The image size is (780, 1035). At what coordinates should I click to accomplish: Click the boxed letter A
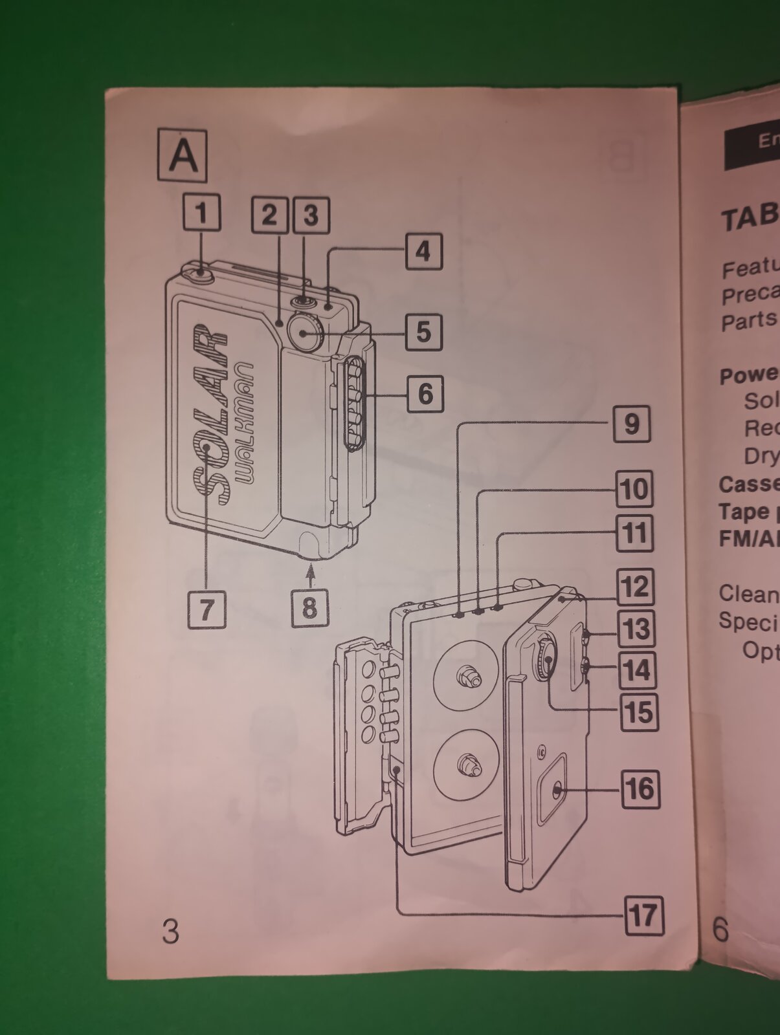(x=183, y=156)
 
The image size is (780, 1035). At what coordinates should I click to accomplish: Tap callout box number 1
(x=201, y=212)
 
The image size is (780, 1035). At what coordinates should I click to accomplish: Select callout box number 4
(x=423, y=251)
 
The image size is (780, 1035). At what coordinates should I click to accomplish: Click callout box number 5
(x=424, y=332)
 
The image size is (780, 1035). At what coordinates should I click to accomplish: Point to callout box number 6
(x=425, y=393)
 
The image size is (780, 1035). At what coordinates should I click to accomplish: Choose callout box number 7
(x=206, y=609)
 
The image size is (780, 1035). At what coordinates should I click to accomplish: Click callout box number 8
(x=309, y=607)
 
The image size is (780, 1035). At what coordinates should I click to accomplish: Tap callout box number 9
(x=631, y=424)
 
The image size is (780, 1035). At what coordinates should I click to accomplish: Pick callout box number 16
(x=640, y=789)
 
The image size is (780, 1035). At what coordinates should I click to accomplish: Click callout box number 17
(x=644, y=915)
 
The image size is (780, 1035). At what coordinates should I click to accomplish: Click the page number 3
(x=170, y=931)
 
